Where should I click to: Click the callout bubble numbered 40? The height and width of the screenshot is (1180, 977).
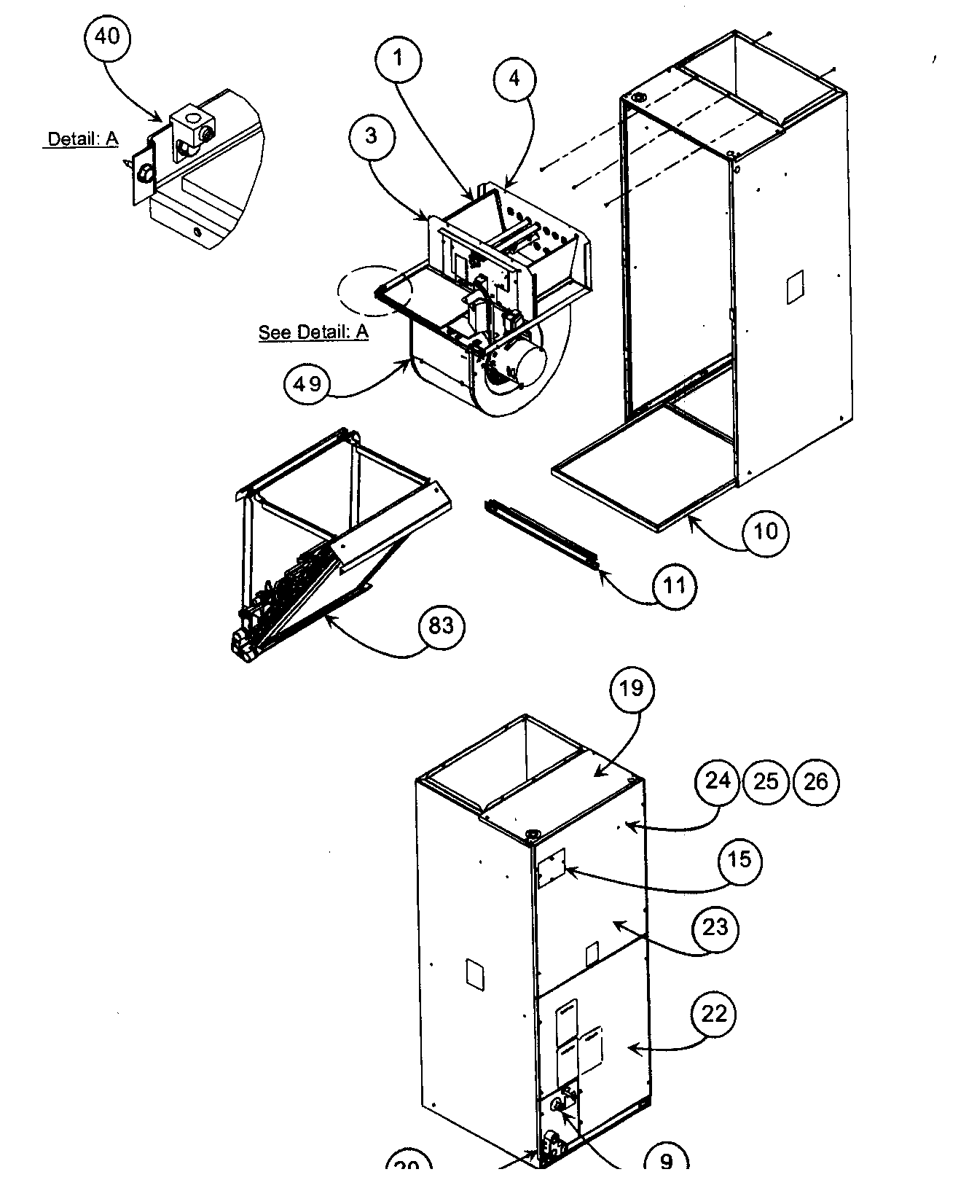tap(107, 36)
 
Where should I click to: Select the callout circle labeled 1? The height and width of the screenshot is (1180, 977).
tap(399, 58)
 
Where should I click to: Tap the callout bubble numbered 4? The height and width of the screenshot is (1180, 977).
tap(514, 78)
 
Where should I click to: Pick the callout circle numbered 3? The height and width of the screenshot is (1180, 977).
tap(372, 136)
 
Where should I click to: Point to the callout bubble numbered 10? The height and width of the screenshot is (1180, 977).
tap(765, 531)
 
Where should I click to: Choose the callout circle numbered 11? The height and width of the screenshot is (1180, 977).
tap(675, 585)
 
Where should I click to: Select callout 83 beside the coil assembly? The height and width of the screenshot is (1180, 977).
tap(442, 625)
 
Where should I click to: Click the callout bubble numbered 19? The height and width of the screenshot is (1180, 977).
tap(632, 688)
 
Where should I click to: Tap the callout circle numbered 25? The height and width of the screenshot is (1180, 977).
tap(766, 782)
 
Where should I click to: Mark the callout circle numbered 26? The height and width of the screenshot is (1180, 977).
tap(815, 782)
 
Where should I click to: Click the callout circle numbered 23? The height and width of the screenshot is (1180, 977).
tap(715, 928)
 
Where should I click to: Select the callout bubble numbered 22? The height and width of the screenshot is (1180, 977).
tap(714, 1014)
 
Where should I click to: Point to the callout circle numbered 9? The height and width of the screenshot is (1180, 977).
tap(666, 1166)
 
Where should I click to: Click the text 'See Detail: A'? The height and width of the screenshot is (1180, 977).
tap(313, 332)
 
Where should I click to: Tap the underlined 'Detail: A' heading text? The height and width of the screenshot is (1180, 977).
tap(82, 138)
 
